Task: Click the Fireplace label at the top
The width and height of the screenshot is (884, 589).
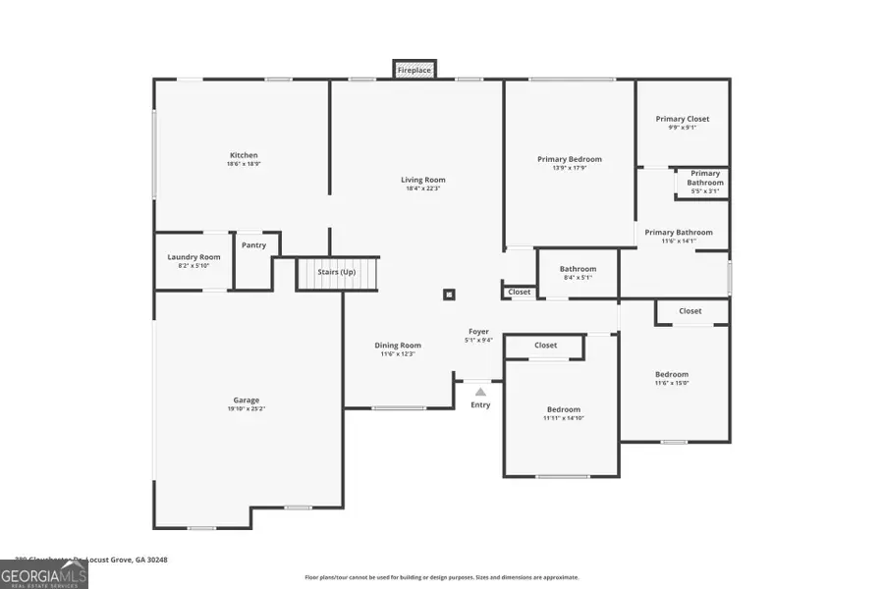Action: (x=414, y=71)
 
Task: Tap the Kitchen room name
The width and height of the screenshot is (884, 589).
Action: (x=244, y=155)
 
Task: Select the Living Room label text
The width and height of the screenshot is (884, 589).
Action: (x=423, y=180)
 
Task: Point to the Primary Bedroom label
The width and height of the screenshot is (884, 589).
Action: (x=569, y=159)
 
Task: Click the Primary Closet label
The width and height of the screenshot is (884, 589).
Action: (x=683, y=119)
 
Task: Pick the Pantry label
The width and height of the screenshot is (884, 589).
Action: (x=253, y=245)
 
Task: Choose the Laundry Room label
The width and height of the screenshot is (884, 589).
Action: (x=194, y=257)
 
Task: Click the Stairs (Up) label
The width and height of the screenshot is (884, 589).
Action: (x=336, y=272)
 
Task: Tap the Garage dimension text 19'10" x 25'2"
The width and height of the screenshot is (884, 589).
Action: (x=246, y=408)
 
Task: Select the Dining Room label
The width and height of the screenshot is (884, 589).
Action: (x=398, y=345)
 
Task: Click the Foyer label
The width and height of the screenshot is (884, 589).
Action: (x=478, y=332)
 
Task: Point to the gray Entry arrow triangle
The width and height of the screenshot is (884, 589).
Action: (x=480, y=392)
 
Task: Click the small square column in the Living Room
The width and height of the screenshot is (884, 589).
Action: (x=449, y=294)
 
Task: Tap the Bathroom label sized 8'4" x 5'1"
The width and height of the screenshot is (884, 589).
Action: (x=578, y=269)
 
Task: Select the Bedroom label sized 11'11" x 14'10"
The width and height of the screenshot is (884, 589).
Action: (x=564, y=409)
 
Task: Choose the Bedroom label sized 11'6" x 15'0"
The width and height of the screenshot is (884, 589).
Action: (x=672, y=374)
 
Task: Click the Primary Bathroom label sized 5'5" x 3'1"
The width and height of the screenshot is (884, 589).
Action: (x=704, y=178)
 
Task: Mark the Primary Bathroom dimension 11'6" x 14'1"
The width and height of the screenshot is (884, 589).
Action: (x=678, y=241)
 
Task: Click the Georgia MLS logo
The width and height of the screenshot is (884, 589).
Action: (x=44, y=573)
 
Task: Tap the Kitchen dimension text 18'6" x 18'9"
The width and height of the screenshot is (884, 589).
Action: (x=244, y=164)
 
